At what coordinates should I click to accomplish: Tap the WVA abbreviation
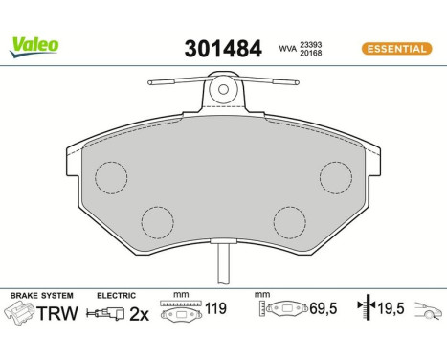tap(286, 49)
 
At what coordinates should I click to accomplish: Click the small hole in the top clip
tap(223, 91)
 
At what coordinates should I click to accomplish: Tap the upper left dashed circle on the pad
tap(111, 177)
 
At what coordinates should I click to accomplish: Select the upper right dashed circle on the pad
tap(336, 177)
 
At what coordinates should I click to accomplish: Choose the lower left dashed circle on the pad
tap(158, 223)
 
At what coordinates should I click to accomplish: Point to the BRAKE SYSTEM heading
tap(36, 297)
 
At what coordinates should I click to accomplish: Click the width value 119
tap(218, 310)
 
